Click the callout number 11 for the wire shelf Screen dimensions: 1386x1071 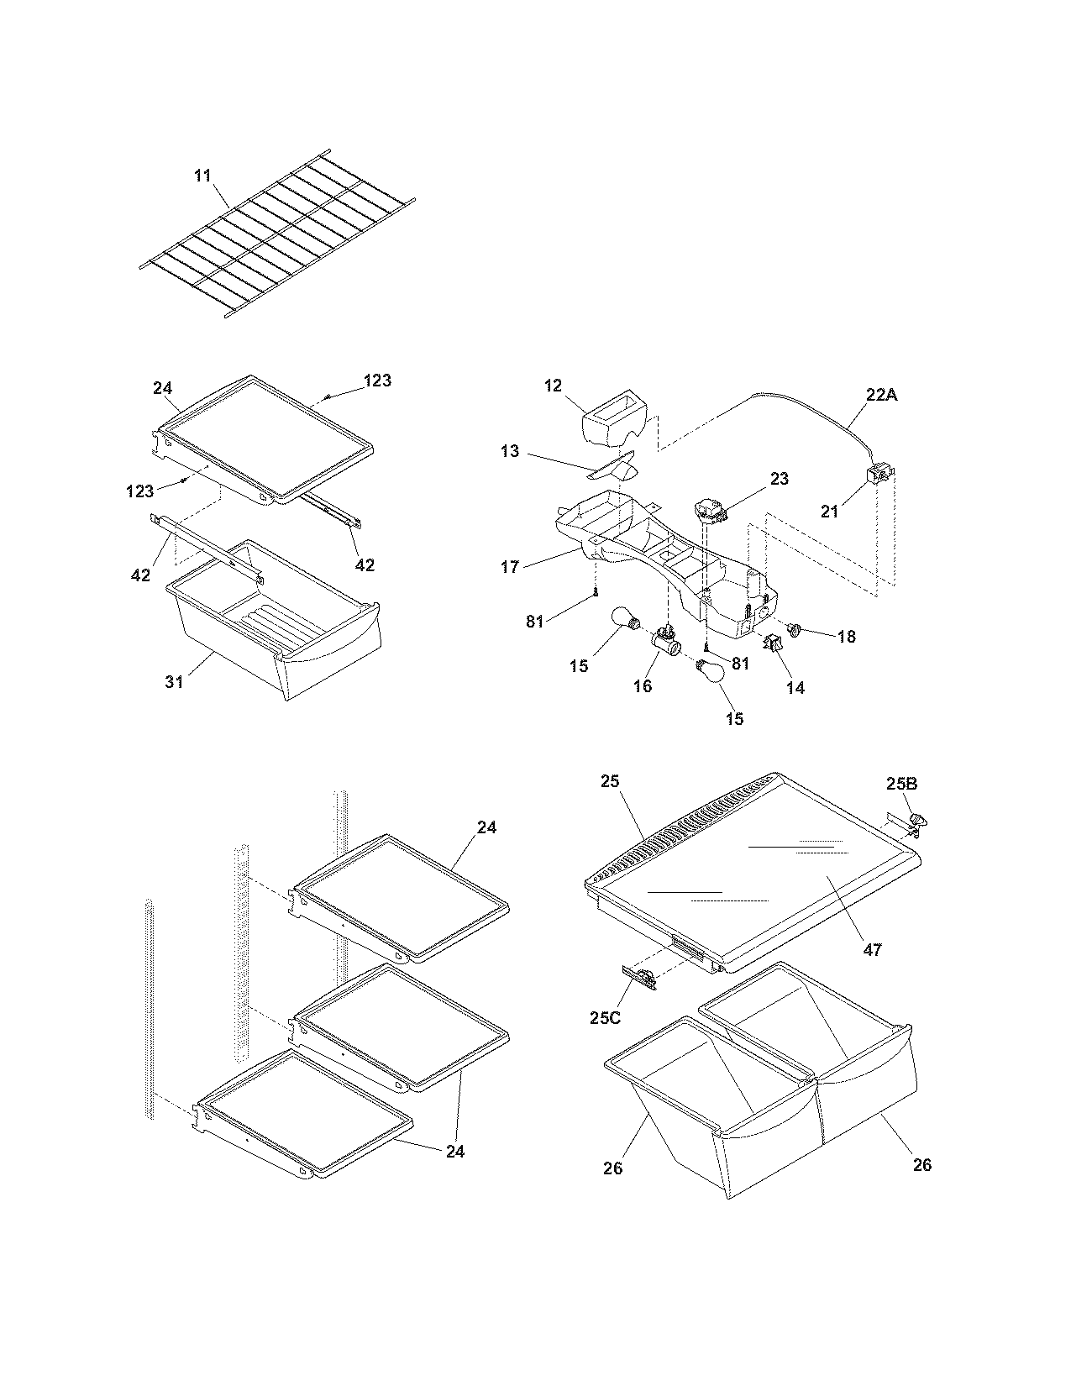click(x=202, y=176)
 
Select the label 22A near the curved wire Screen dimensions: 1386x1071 click(x=880, y=394)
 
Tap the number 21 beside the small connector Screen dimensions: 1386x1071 click(x=829, y=511)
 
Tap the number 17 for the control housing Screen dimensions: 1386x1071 click(x=510, y=567)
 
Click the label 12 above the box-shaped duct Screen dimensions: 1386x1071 click(x=552, y=386)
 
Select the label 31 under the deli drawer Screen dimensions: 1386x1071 click(x=174, y=682)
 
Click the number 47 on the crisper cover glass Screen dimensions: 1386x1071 click(x=873, y=949)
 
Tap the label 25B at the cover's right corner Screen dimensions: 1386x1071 click(x=901, y=784)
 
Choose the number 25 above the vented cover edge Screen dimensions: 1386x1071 click(x=610, y=780)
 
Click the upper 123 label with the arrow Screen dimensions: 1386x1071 click(x=377, y=381)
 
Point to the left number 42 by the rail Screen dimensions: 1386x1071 click(x=140, y=575)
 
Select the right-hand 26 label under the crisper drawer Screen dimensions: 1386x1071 click(x=921, y=1164)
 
